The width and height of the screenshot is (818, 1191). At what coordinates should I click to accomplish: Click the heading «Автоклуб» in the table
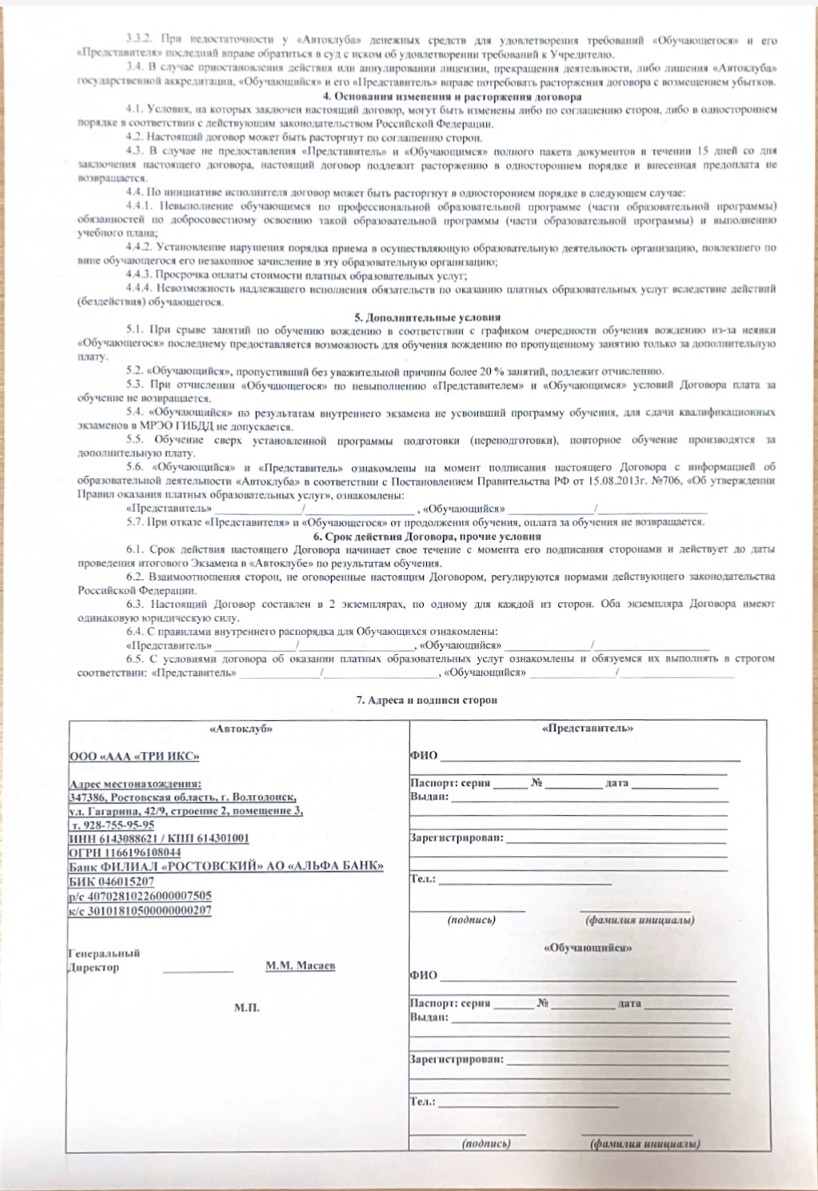tap(241, 729)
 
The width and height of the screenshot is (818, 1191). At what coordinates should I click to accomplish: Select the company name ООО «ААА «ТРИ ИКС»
tap(134, 756)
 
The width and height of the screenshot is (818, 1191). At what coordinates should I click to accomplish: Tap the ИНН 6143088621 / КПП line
tap(159, 838)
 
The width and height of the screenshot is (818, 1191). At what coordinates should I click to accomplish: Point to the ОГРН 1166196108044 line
tap(125, 853)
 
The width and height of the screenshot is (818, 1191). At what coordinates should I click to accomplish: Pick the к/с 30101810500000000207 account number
tap(141, 910)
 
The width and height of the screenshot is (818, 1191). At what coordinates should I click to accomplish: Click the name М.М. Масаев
tap(301, 966)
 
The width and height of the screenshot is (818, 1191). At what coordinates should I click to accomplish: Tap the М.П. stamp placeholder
tap(246, 1008)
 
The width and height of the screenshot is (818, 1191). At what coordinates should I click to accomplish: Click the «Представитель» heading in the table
tap(588, 729)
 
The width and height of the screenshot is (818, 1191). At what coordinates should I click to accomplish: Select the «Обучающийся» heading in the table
tap(588, 947)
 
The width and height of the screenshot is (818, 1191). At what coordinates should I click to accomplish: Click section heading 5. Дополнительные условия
tap(428, 317)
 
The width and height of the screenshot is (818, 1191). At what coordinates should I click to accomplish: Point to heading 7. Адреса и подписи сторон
tap(427, 700)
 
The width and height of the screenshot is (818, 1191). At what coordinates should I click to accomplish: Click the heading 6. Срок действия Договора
tap(427, 537)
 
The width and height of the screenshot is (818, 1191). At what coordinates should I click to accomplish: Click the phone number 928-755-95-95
tap(118, 825)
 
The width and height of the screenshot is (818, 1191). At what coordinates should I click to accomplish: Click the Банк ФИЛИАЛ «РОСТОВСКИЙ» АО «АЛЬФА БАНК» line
tap(226, 867)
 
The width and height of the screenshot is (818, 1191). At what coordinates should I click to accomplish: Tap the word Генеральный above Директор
tap(105, 953)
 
